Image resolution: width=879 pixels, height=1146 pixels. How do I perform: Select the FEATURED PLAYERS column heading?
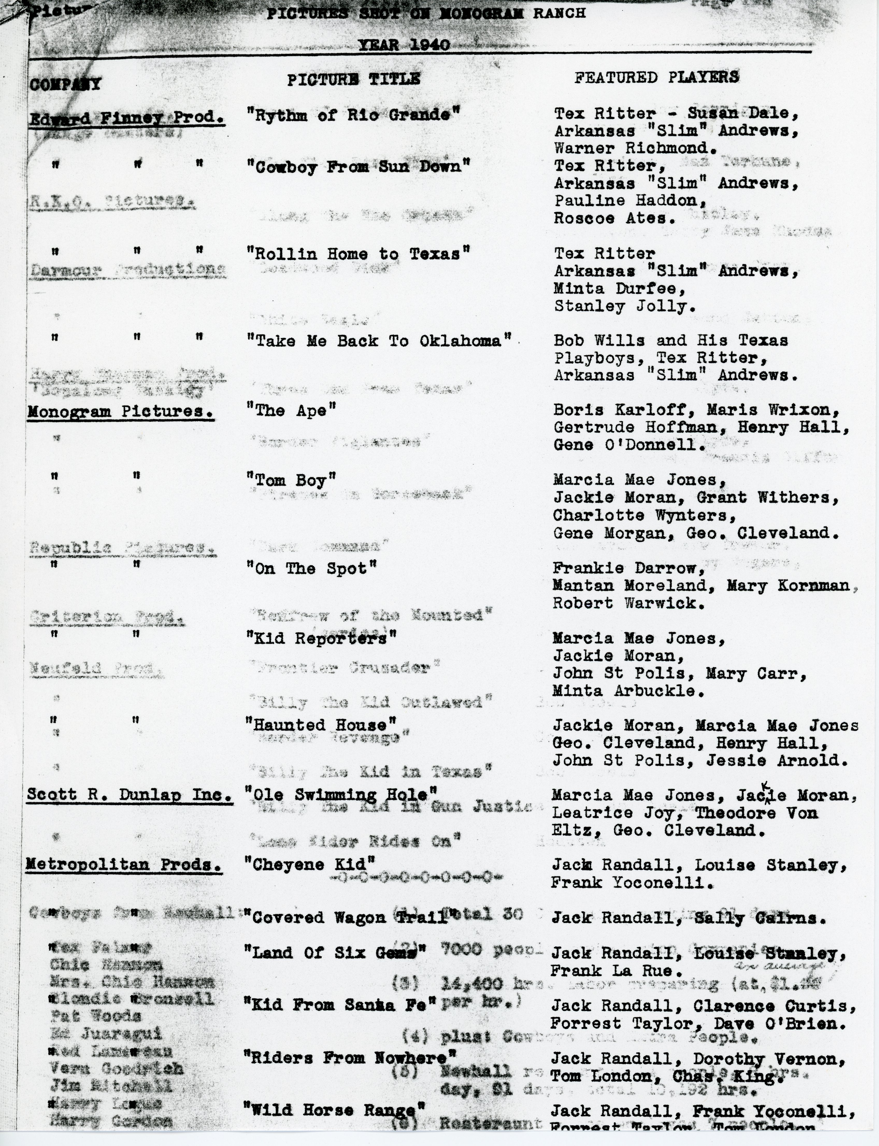[657, 77]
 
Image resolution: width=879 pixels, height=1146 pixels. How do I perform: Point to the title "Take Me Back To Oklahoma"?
[379, 341]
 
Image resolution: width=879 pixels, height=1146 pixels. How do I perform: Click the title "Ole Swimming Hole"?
[341, 794]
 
